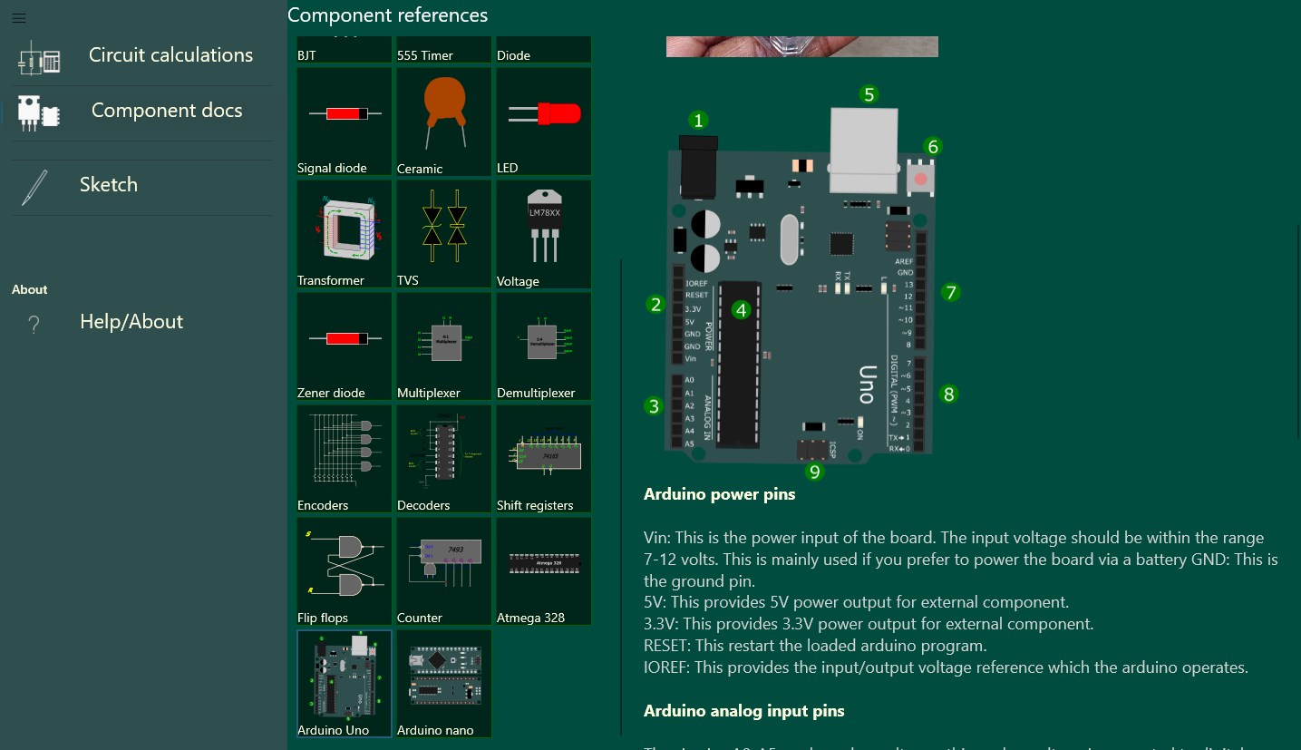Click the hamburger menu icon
coord(18,18)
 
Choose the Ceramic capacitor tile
coord(443,122)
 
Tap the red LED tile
coord(543,122)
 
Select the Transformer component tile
coord(345,234)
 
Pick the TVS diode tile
coord(443,234)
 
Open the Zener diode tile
coord(345,346)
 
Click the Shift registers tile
coord(543,459)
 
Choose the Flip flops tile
coord(345,571)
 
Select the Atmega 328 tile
coord(543,571)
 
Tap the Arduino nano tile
coord(443,684)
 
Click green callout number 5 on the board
coord(869,94)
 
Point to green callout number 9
coord(814,472)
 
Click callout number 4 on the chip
coord(742,310)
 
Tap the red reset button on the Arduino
coord(920,178)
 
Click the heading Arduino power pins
coord(719,494)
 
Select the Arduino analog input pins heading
coord(743,711)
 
